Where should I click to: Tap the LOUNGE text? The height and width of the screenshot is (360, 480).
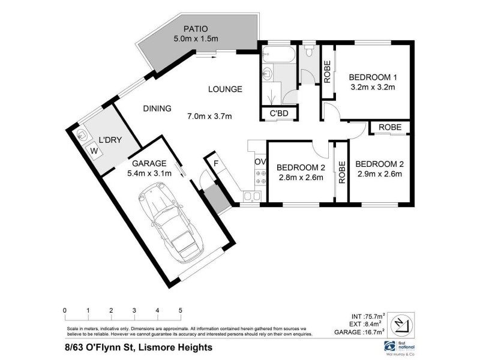click(x=225, y=89)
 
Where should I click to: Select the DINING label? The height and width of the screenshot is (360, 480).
click(x=157, y=109)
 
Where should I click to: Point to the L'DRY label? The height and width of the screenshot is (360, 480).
click(x=110, y=140)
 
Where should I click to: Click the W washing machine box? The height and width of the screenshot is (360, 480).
click(x=94, y=151)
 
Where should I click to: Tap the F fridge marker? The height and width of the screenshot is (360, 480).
click(x=211, y=162)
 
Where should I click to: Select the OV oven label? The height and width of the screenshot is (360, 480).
click(x=260, y=162)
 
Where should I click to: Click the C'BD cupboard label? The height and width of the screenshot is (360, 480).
click(x=280, y=114)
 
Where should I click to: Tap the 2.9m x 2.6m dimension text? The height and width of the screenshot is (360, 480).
click(x=378, y=175)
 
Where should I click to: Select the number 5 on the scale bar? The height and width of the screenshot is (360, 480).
click(x=180, y=310)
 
